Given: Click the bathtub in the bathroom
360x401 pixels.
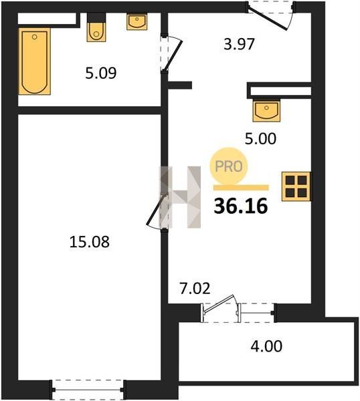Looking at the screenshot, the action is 35,61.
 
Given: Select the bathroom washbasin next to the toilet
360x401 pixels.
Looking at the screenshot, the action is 137,21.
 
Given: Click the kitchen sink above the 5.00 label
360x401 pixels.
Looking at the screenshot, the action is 266,110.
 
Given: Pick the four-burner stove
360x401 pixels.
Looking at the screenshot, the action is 296,186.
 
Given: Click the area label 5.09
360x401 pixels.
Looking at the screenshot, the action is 101,73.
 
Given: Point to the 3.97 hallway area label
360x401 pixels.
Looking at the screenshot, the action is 239,44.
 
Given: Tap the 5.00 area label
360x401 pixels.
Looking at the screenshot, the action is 261,139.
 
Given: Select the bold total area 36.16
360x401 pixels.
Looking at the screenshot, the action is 241,207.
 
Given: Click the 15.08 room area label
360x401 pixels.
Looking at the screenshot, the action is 90,242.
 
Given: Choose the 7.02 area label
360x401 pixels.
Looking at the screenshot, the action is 195,288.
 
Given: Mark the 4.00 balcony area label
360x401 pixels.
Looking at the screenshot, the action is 266,346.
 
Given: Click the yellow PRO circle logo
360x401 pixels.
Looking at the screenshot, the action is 229,166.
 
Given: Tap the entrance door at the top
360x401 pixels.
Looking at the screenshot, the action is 268,19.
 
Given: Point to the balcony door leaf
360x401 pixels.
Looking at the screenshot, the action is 218,303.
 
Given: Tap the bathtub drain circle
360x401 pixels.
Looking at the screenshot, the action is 34,37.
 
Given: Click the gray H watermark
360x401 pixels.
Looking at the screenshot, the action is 180,197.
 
